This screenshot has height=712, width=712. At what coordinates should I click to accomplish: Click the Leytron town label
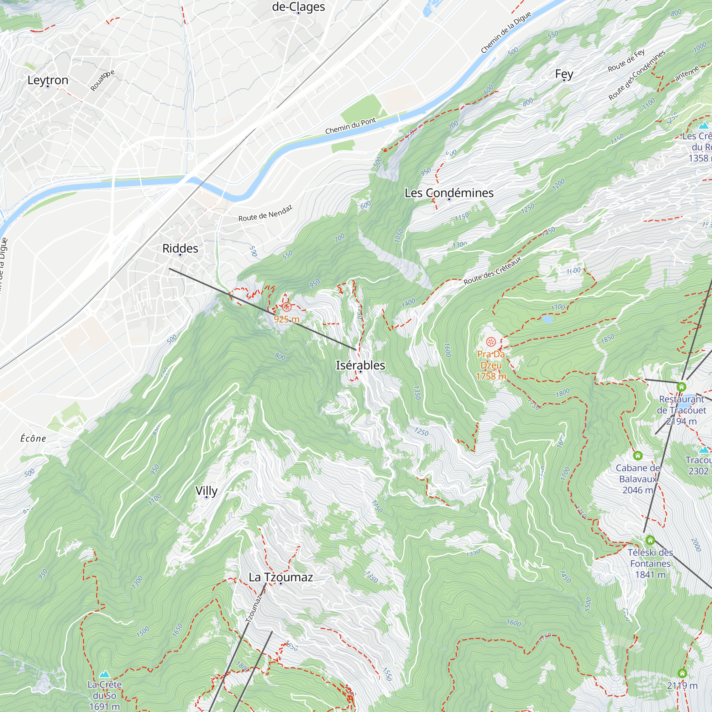(x=48, y=80)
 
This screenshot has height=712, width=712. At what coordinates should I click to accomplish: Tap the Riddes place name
(x=180, y=248)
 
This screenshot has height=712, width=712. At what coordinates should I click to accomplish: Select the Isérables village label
(x=360, y=365)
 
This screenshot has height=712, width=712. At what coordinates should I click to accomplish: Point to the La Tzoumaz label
(x=281, y=577)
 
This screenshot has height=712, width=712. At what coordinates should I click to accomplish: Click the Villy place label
(x=206, y=491)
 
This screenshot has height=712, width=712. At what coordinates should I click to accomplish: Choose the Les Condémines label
(x=449, y=193)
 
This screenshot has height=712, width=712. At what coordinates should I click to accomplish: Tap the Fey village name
(x=564, y=74)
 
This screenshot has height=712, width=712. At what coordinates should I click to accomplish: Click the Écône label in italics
(x=33, y=439)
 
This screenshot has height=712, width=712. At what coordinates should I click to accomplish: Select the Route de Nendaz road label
(x=265, y=213)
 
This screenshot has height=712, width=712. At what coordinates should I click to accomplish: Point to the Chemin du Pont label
(x=350, y=126)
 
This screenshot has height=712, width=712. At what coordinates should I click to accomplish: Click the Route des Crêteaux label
(x=492, y=271)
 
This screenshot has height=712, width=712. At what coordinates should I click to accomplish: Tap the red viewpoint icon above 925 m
(x=287, y=307)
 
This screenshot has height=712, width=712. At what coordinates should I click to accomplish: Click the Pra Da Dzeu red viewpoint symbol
(x=491, y=342)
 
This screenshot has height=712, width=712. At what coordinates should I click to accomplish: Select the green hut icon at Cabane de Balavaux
(x=638, y=456)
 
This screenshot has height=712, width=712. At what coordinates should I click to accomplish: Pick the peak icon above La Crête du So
(x=104, y=674)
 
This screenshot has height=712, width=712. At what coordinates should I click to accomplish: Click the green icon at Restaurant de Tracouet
(x=681, y=387)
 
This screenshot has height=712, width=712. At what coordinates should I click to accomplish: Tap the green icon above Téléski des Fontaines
(x=650, y=540)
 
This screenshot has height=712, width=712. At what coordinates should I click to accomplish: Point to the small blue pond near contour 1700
(x=547, y=319)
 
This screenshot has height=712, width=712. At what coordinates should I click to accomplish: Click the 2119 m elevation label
(x=682, y=685)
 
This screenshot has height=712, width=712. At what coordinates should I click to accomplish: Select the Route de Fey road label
(x=626, y=61)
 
